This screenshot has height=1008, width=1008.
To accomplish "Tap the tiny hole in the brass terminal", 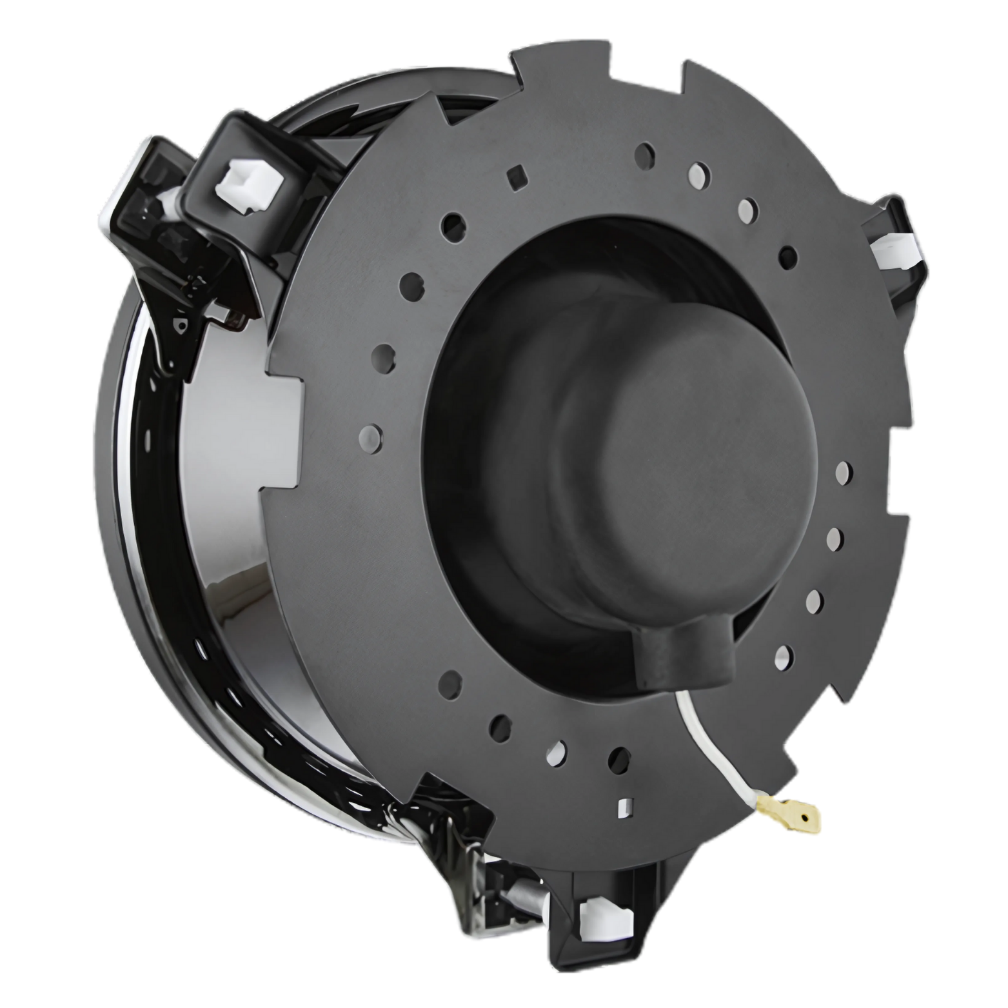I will pyautogui.click(x=804, y=818).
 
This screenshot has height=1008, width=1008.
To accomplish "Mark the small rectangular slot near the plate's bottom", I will pyautogui.click(x=624, y=806).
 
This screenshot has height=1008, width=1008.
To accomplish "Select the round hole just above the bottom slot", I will pyautogui.click(x=618, y=759).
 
